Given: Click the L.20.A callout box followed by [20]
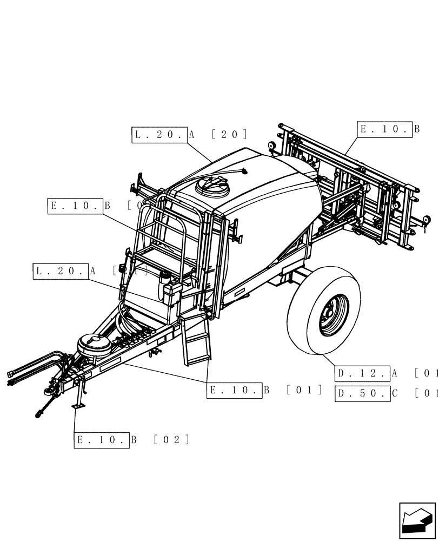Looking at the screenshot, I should point(159,135).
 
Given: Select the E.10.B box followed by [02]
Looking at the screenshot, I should point(102,440).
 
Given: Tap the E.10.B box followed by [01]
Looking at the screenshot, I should point(234,391).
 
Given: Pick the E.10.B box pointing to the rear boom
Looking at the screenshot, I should point(385,129).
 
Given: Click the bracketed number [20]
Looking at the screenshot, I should point(230,135).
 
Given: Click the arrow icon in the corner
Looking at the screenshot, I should point(417,520).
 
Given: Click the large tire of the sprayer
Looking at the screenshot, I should point(323,310).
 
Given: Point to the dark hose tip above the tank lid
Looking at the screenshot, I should point(244,173).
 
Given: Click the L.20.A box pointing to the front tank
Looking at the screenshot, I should point(61,271).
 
